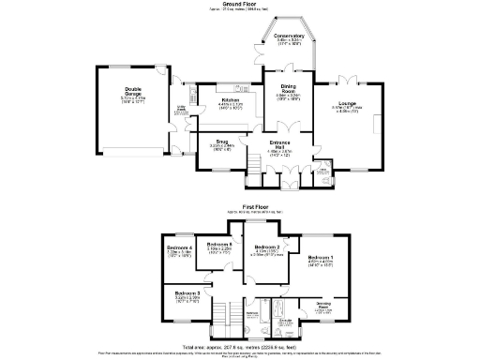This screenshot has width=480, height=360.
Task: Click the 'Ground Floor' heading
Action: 240,4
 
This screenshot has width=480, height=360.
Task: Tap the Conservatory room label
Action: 290,38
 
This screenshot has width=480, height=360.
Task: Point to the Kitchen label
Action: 231,100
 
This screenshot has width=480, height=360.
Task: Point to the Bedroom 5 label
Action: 219,246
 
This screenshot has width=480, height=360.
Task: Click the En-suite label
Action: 285,320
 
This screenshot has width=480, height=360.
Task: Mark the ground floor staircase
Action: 251,167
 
